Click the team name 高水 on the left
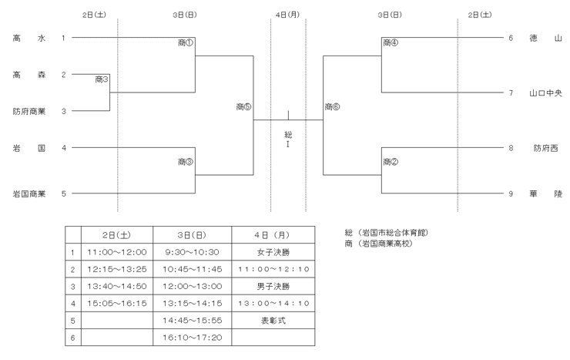click(x=29, y=38)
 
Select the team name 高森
click(x=29, y=75)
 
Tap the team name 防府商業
click(x=29, y=111)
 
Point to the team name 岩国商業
click(x=29, y=193)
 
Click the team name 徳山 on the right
click(x=545, y=38)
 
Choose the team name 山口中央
click(x=545, y=93)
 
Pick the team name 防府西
click(x=545, y=148)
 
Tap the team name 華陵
click(x=545, y=193)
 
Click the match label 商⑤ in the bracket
click(x=243, y=107)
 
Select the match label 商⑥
click(x=332, y=107)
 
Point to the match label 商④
click(x=391, y=43)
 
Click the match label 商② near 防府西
click(x=391, y=162)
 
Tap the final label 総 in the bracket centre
click(x=288, y=135)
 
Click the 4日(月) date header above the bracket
click(x=287, y=15)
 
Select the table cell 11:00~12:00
click(x=117, y=252)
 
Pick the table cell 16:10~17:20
click(x=193, y=338)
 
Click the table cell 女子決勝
click(x=273, y=252)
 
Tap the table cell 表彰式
click(x=273, y=321)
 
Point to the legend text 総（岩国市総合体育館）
click(x=387, y=232)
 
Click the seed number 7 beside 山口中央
click(x=511, y=93)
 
